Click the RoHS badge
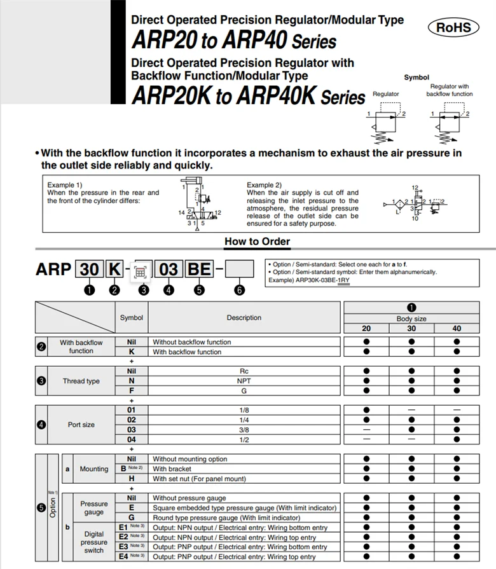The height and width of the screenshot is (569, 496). click(x=454, y=27)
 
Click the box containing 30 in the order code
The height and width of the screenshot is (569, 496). click(x=90, y=269)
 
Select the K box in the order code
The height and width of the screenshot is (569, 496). click(x=114, y=269)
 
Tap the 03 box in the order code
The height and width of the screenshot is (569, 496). click(x=169, y=269)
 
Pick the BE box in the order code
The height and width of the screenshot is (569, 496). click(x=199, y=269)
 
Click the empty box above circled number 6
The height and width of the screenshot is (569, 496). click(x=240, y=269)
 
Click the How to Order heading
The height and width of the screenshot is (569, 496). click(x=257, y=242)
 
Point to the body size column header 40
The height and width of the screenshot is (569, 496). click(x=457, y=329)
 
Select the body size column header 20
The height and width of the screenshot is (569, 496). click(x=366, y=329)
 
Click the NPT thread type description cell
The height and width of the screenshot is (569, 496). click(x=244, y=381)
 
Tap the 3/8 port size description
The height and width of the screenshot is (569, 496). click(x=244, y=430)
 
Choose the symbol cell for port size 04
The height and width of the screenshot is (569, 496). click(x=132, y=439)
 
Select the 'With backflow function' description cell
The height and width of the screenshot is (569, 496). click(x=187, y=352)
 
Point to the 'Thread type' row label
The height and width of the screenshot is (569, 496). click(x=81, y=381)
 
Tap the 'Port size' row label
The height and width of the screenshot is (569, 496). click(x=81, y=425)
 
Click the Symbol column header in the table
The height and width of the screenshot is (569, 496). click(x=132, y=317)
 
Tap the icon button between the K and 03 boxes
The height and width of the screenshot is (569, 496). click(x=142, y=270)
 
